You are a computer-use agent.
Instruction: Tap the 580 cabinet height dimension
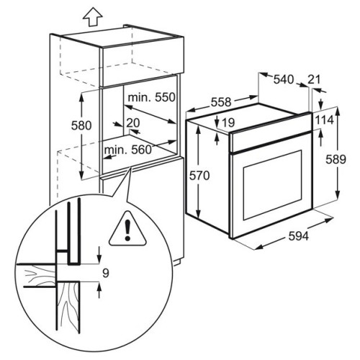tap(81, 125)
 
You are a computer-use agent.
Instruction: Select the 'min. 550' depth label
tap(151, 97)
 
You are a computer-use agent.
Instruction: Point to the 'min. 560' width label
tap(128, 150)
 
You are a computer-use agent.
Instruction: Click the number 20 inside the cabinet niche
tap(133, 123)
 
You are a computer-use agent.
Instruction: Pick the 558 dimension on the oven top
tap(221, 102)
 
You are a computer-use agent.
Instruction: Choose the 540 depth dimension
tap(284, 79)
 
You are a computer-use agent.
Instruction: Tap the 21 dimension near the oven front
tap(314, 79)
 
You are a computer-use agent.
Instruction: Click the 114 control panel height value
tap(324, 120)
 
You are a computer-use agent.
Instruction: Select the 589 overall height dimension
tap(336, 159)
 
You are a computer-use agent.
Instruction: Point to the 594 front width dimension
tap(298, 236)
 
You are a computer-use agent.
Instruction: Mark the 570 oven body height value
tap(199, 176)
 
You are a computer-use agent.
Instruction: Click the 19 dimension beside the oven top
tap(228, 123)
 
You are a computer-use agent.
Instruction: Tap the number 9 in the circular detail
tap(106, 273)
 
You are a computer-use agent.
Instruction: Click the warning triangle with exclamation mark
tap(127, 229)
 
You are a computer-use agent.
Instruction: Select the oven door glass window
tap(273, 184)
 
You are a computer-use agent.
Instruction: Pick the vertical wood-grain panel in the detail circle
tap(68, 308)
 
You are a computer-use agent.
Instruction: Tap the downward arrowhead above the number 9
tap(99, 260)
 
